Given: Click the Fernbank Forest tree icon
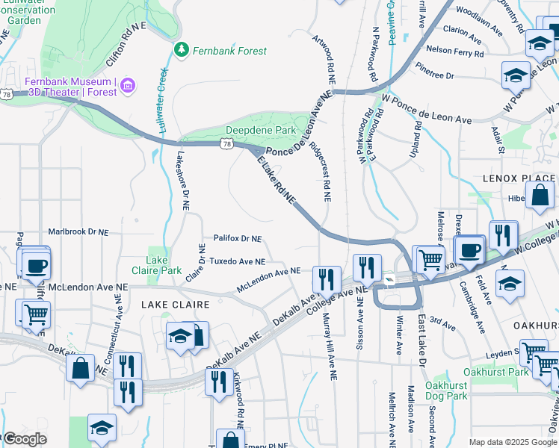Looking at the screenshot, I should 180,50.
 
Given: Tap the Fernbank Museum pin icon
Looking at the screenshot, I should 128,86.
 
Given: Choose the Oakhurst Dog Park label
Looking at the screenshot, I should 446,391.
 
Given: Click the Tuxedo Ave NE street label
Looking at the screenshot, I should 237,262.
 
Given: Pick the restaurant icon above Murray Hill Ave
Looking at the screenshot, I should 327,279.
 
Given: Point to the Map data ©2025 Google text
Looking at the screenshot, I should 512,442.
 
